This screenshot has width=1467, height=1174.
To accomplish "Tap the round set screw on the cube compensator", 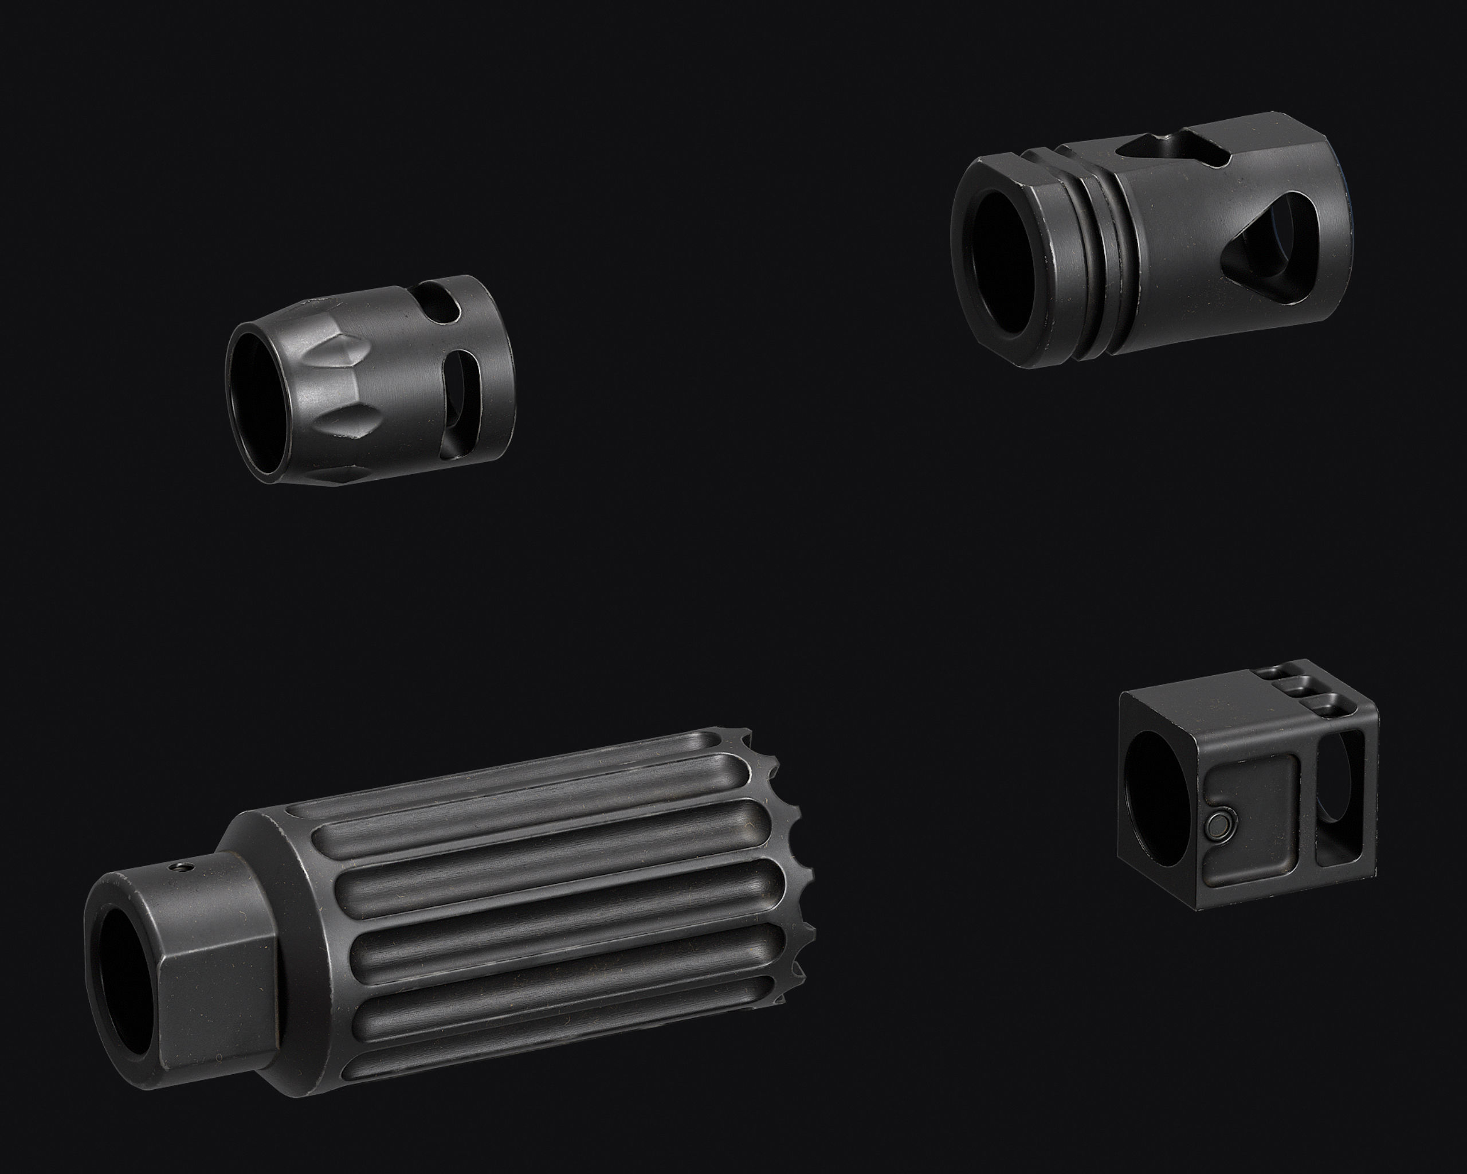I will [1216, 826].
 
